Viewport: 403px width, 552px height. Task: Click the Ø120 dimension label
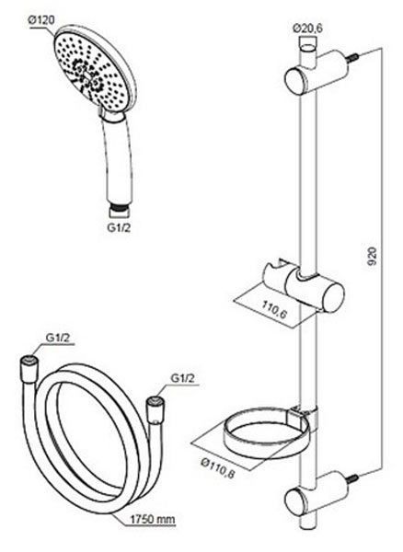[x=41, y=20]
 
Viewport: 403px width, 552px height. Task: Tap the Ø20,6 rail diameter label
[x=307, y=28]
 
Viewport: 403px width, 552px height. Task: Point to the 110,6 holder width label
[x=274, y=310]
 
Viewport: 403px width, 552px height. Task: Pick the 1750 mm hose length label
[x=153, y=519]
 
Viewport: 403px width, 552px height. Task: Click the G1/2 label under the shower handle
[x=119, y=227]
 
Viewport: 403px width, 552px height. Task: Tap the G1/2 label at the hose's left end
[x=58, y=338]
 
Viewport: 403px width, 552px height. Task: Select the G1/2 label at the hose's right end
[x=183, y=378]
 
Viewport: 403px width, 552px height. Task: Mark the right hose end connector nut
[x=155, y=408]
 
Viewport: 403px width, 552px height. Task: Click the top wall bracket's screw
[x=352, y=58]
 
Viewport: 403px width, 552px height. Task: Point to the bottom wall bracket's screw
[x=352, y=479]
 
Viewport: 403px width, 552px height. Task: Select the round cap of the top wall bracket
[x=294, y=80]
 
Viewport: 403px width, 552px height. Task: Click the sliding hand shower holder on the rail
[x=304, y=284]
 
